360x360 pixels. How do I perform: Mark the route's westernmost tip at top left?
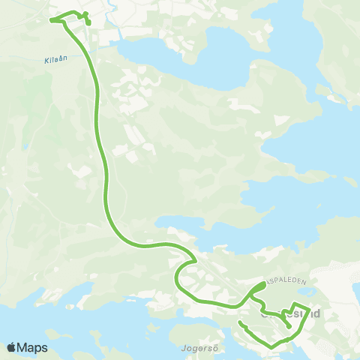click(51, 20)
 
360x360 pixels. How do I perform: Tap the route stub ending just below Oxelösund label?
click(289, 327)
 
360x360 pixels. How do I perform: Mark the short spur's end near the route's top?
click(89, 25)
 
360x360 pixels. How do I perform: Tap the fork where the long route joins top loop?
click(63, 20)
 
